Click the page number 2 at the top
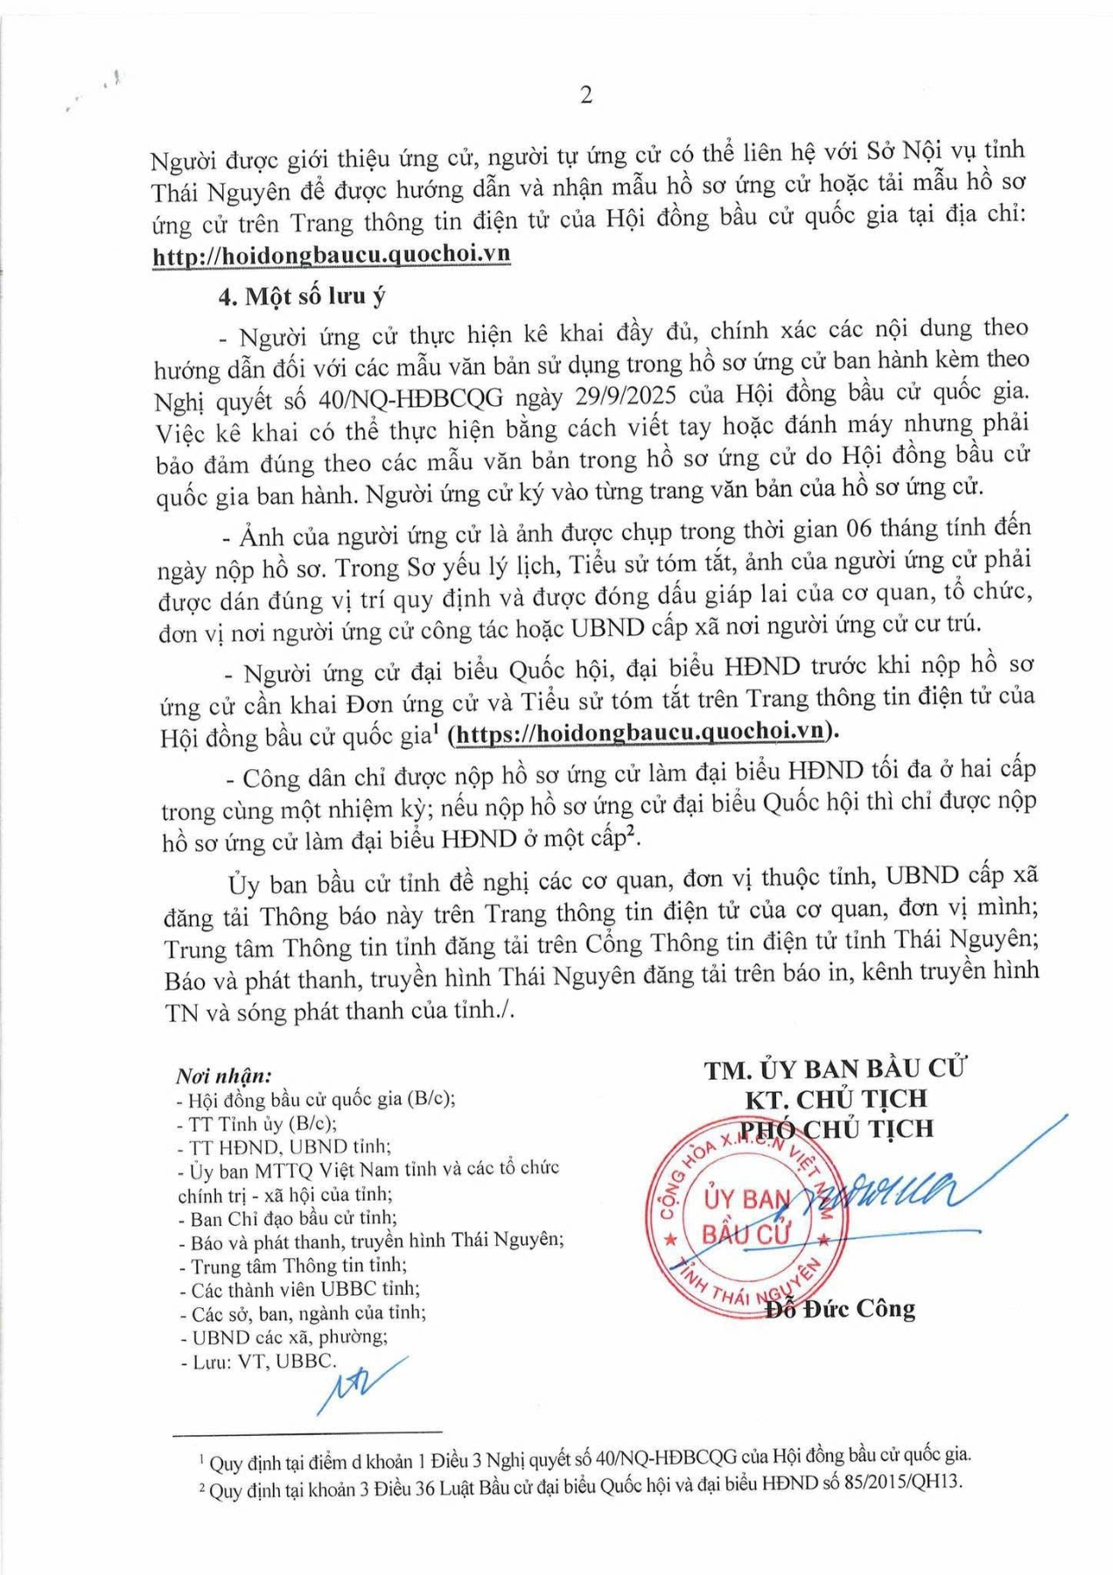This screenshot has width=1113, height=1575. coord(586,94)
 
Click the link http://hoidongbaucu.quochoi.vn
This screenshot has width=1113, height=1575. coord(331,255)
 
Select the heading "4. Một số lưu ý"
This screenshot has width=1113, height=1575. coord(302,296)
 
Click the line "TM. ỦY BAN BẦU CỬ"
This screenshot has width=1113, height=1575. coord(836,1069)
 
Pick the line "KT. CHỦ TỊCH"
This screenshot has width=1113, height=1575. coord(836,1099)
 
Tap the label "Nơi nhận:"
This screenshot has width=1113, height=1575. coord(224,1075)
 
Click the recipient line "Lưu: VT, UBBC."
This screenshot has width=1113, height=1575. coord(257,1361)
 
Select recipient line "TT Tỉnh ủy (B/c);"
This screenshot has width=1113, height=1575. coord(257,1123)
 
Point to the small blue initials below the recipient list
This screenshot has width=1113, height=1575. coord(359,1385)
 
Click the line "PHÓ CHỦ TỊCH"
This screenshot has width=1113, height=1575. coord(837,1129)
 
